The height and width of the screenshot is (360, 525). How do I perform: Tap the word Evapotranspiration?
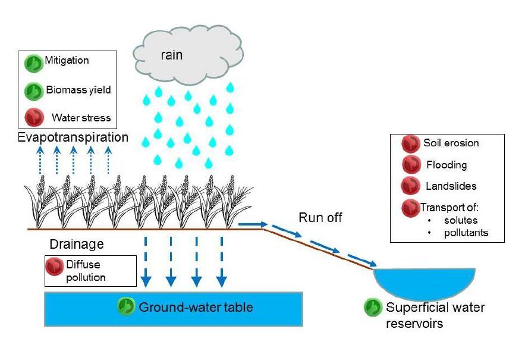pyautogui.click(x=73, y=137)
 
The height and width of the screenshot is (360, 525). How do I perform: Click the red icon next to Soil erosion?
pyautogui.click(x=410, y=144)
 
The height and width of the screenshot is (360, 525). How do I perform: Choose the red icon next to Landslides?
pyautogui.click(x=410, y=186)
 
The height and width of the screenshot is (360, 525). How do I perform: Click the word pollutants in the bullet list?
pyautogui.click(x=466, y=233)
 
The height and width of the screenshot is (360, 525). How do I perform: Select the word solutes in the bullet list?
pyautogui.click(x=460, y=221)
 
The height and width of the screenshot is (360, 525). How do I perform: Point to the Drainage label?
pyautogui.click(x=77, y=245)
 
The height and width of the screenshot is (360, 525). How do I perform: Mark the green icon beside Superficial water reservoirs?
pyautogui.click(x=373, y=306)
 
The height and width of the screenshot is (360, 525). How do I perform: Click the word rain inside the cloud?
pyautogui.click(x=171, y=55)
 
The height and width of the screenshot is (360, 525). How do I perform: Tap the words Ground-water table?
pyautogui.click(x=196, y=307)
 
